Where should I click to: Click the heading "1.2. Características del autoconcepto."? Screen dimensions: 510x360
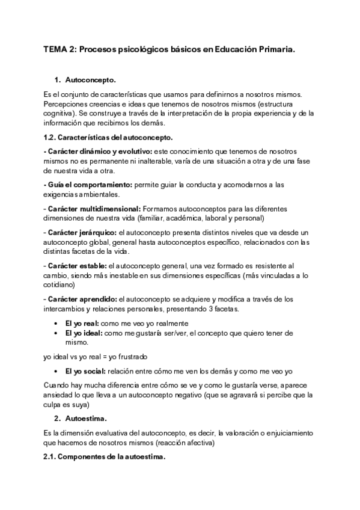(108, 138)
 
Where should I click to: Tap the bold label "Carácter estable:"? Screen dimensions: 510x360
(78, 265)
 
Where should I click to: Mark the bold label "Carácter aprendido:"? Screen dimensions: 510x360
(82, 298)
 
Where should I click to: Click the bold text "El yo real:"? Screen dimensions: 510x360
(82, 323)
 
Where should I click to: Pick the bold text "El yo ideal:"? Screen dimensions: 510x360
(84, 333)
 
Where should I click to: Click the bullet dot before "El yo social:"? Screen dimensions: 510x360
(56, 370)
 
